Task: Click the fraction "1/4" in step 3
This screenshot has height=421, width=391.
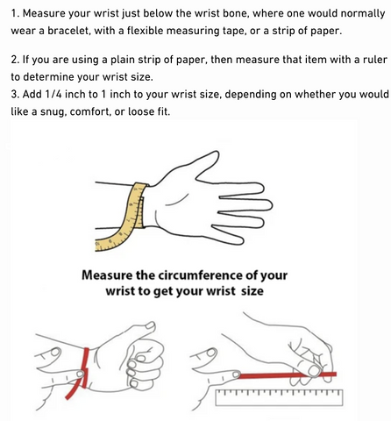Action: (x=53, y=95)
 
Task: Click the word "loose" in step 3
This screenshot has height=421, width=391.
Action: (x=139, y=111)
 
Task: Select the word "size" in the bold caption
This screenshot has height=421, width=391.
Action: (x=252, y=291)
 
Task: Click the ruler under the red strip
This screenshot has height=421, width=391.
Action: (x=279, y=397)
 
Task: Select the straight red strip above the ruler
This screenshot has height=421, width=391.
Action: (x=288, y=375)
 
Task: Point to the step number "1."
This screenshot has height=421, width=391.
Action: (x=16, y=13)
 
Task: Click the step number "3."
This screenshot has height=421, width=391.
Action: (x=15, y=95)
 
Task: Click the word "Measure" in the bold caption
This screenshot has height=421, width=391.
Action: (x=107, y=275)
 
